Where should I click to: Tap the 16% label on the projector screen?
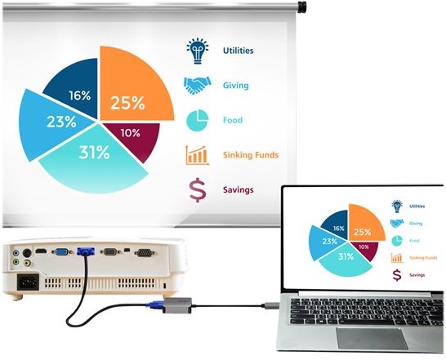tap(80, 96)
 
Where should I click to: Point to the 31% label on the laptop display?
tap(346, 257)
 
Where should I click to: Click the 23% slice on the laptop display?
tap(325, 242)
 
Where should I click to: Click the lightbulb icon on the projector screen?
tap(198, 51)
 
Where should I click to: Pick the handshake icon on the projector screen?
tap(198, 86)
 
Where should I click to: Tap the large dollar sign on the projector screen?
tap(198, 190)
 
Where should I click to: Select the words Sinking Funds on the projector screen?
tap(251, 155)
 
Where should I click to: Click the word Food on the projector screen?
tap(233, 120)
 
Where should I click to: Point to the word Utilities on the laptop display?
tap(417, 207)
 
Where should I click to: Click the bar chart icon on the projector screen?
tap(198, 155)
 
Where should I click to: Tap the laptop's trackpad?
tap(372, 339)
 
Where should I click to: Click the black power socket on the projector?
tap(28, 282)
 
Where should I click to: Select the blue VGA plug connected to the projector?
tap(86, 251)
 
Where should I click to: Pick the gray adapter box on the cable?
tap(178, 305)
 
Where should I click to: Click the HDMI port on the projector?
tap(41, 251)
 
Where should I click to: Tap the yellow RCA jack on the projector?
tap(27, 263)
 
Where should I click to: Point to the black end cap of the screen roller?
tap(301, 7)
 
